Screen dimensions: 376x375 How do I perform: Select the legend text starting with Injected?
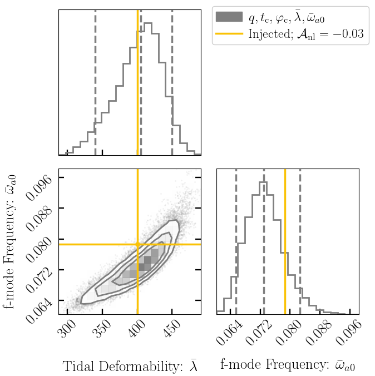point(306,34)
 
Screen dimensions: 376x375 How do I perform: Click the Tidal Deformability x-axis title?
point(130,366)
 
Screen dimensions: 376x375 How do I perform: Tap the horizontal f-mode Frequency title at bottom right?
point(288,365)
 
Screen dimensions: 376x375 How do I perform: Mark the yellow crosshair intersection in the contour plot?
point(137,244)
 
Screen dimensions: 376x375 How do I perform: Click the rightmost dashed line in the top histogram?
point(172,83)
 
